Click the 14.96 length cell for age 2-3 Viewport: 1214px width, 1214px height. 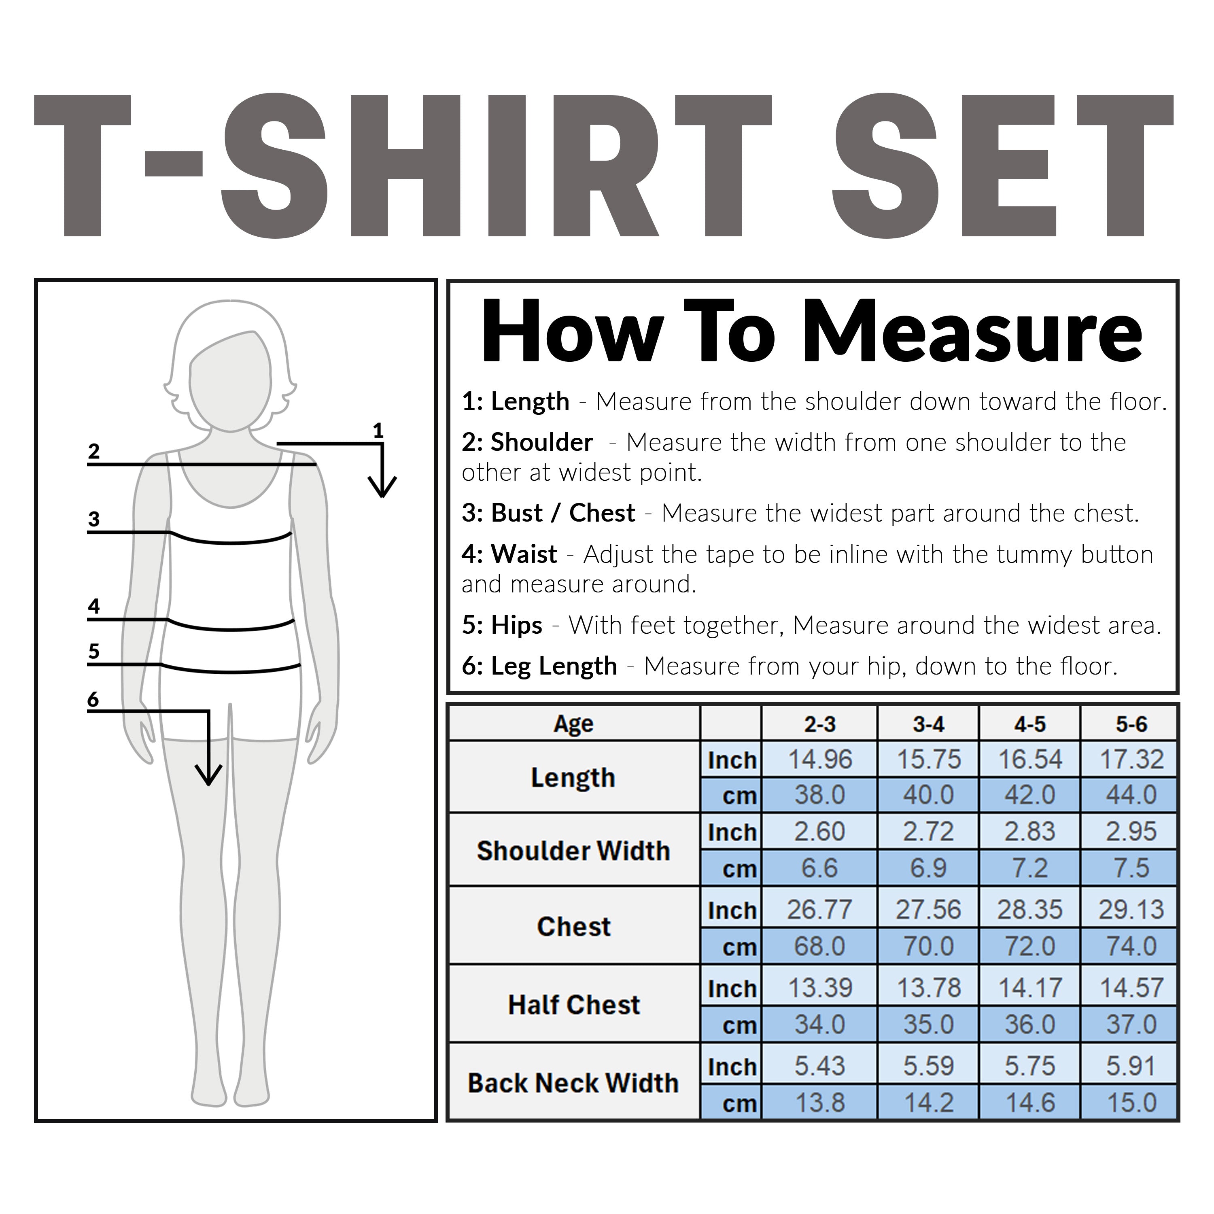coord(819,760)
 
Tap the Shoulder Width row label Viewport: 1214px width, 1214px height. coord(573,851)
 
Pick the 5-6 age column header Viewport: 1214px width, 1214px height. coord(1131,724)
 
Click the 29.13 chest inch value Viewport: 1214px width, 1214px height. coord(1131,909)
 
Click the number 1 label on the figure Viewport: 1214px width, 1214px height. coord(378,431)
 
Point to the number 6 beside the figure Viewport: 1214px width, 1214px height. coord(93,699)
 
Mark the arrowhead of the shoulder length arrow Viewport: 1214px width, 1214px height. coord(382,486)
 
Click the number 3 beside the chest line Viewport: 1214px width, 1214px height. coord(93,519)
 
